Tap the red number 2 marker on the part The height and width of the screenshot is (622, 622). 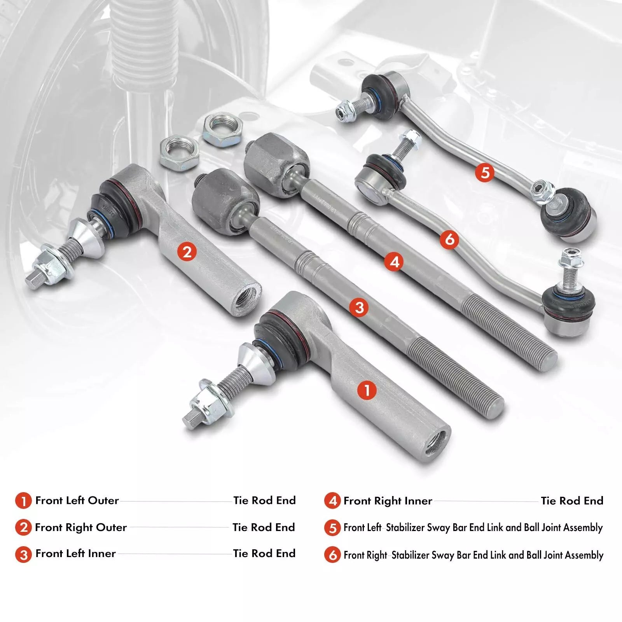pos(187,252)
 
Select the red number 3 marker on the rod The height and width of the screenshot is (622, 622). pos(359,308)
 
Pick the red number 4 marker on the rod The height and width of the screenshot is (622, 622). pos(395,262)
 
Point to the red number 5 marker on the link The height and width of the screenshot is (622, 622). pos(485,172)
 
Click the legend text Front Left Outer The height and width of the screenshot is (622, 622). pos(77,500)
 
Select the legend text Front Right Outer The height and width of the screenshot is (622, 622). pos(81,528)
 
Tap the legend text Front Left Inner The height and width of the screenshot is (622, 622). pos(75,554)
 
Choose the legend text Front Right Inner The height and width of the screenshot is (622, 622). pos(388,501)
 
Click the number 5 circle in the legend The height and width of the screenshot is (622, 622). pos(332,528)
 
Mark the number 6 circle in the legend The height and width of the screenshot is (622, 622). pos(332,555)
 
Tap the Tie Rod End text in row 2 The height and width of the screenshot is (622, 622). pos(264,528)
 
